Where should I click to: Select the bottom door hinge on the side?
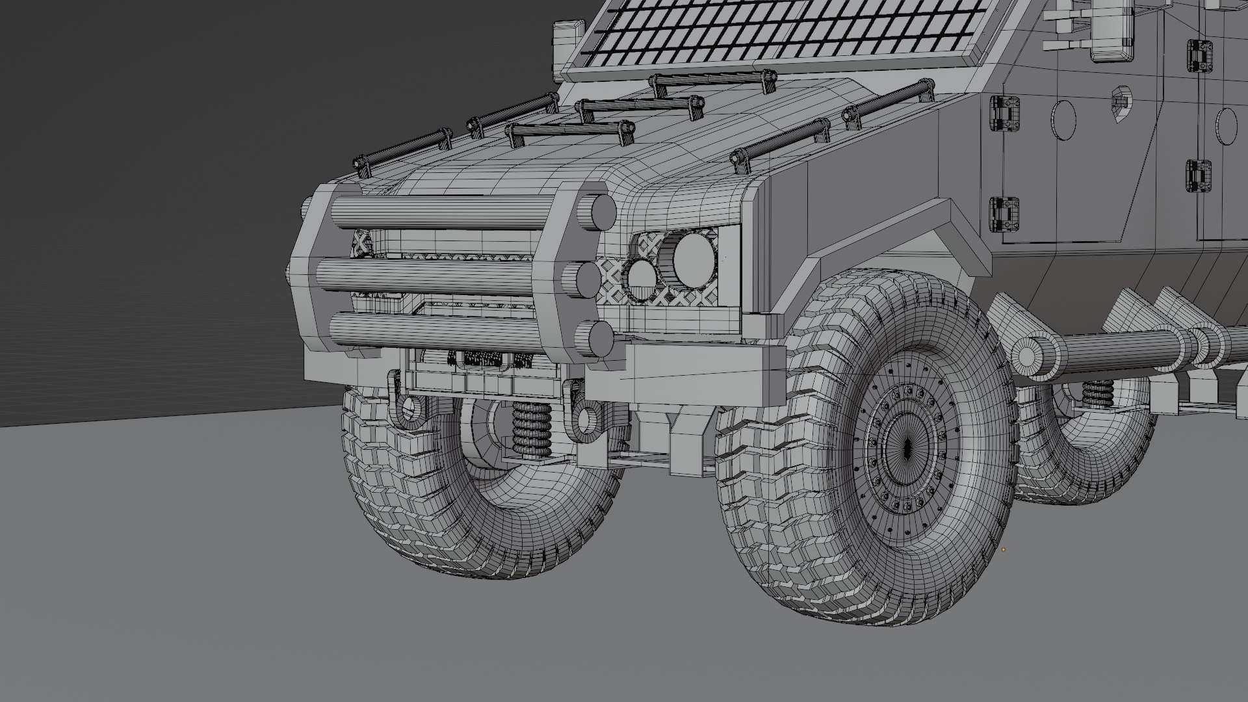1005,214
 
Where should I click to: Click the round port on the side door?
1063,120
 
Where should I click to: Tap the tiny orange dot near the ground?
1004,549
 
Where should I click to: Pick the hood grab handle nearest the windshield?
712,82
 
